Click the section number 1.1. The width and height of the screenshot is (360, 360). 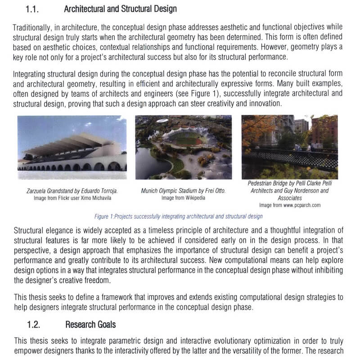tap(34, 9)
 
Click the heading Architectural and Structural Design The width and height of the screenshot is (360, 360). tap(120, 9)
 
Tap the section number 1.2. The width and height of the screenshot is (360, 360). tap(34, 324)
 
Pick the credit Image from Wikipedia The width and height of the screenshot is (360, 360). tap(183, 198)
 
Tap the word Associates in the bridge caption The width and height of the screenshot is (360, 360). tap(290, 198)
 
